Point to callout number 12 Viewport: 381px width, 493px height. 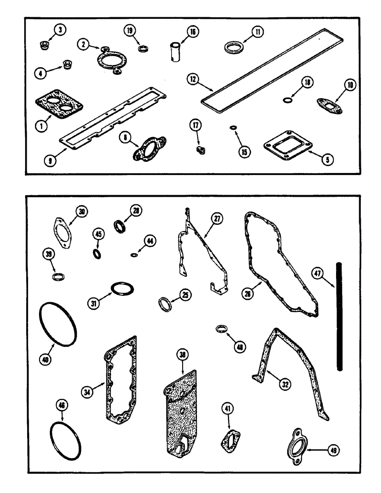(x=193, y=78)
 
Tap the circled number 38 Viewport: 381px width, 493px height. (x=183, y=354)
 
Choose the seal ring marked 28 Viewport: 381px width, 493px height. (x=121, y=227)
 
